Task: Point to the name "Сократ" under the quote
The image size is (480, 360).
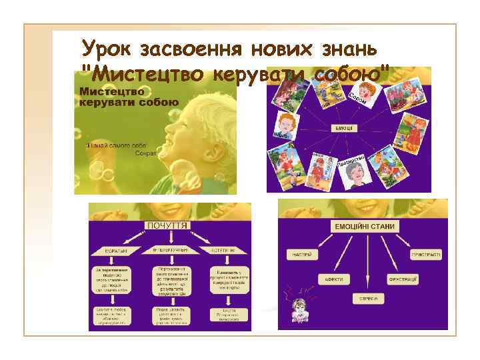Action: (x=145, y=153)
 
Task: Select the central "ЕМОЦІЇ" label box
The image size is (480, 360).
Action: (x=344, y=128)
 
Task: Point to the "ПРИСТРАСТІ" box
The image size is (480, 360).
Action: (x=425, y=253)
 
